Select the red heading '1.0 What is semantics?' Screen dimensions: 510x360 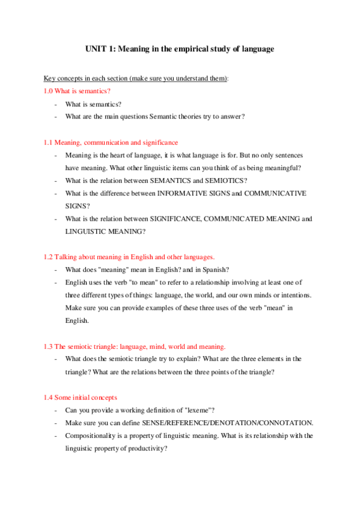tap(78, 91)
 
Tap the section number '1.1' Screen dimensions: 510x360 tap(48, 143)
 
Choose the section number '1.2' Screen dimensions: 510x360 tap(48, 257)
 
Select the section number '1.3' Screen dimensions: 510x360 tap(48, 346)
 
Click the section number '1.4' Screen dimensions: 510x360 tap(48, 398)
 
